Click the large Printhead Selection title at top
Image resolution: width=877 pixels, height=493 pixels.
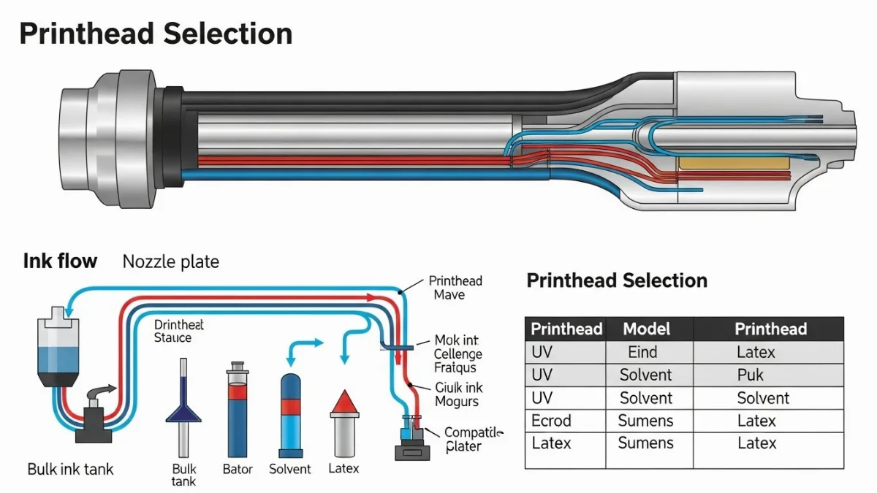(156, 34)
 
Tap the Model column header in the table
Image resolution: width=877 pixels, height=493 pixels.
(646, 329)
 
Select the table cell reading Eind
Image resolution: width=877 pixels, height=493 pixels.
(642, 352)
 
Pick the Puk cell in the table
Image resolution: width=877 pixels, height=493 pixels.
(751, 375)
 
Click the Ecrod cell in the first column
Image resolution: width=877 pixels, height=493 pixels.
(551, 421)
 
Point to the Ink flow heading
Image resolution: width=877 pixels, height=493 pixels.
(60, 261)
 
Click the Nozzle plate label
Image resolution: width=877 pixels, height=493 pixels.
(170, 261)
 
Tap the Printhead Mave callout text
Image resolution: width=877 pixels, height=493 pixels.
(455, 288)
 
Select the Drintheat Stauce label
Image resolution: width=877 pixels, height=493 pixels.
(178, 331)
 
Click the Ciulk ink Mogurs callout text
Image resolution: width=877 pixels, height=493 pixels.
(458, 394)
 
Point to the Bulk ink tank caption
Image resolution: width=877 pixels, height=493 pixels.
(70, 469)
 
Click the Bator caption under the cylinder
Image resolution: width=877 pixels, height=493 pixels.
(238, 469)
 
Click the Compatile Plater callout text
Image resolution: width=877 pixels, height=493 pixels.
(474, 439)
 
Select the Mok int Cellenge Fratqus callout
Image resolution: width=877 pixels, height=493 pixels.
(458, 354)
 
